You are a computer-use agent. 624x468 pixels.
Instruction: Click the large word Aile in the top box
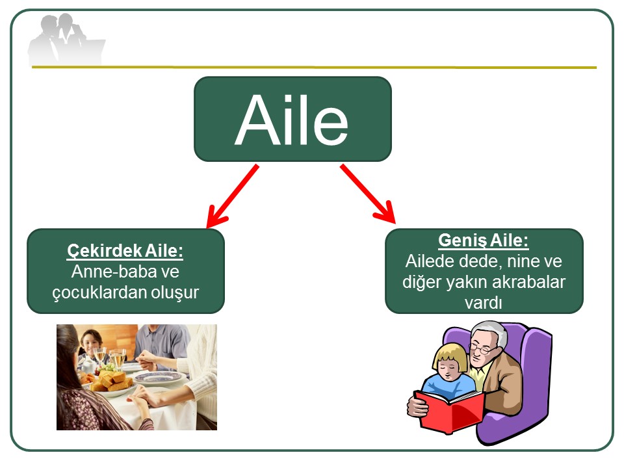click(x=292, y=120)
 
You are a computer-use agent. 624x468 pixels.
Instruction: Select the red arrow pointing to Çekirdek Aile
click(x=233, y=196)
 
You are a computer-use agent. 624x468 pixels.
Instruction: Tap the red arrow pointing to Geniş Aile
click(x=368, y=194)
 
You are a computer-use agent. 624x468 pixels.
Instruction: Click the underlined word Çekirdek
click(x=105, y=251)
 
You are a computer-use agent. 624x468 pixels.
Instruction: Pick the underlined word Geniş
click(x=462, y=240)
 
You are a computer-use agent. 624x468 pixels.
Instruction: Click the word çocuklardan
click(x=99, y=293)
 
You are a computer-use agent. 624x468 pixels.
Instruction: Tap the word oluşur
click(x=175, y=293)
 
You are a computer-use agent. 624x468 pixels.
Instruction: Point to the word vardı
click(x=483, y=304)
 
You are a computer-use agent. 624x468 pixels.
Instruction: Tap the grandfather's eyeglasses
click(x=481, y=349)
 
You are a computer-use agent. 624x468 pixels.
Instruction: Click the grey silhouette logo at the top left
click(x=66, y=39)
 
